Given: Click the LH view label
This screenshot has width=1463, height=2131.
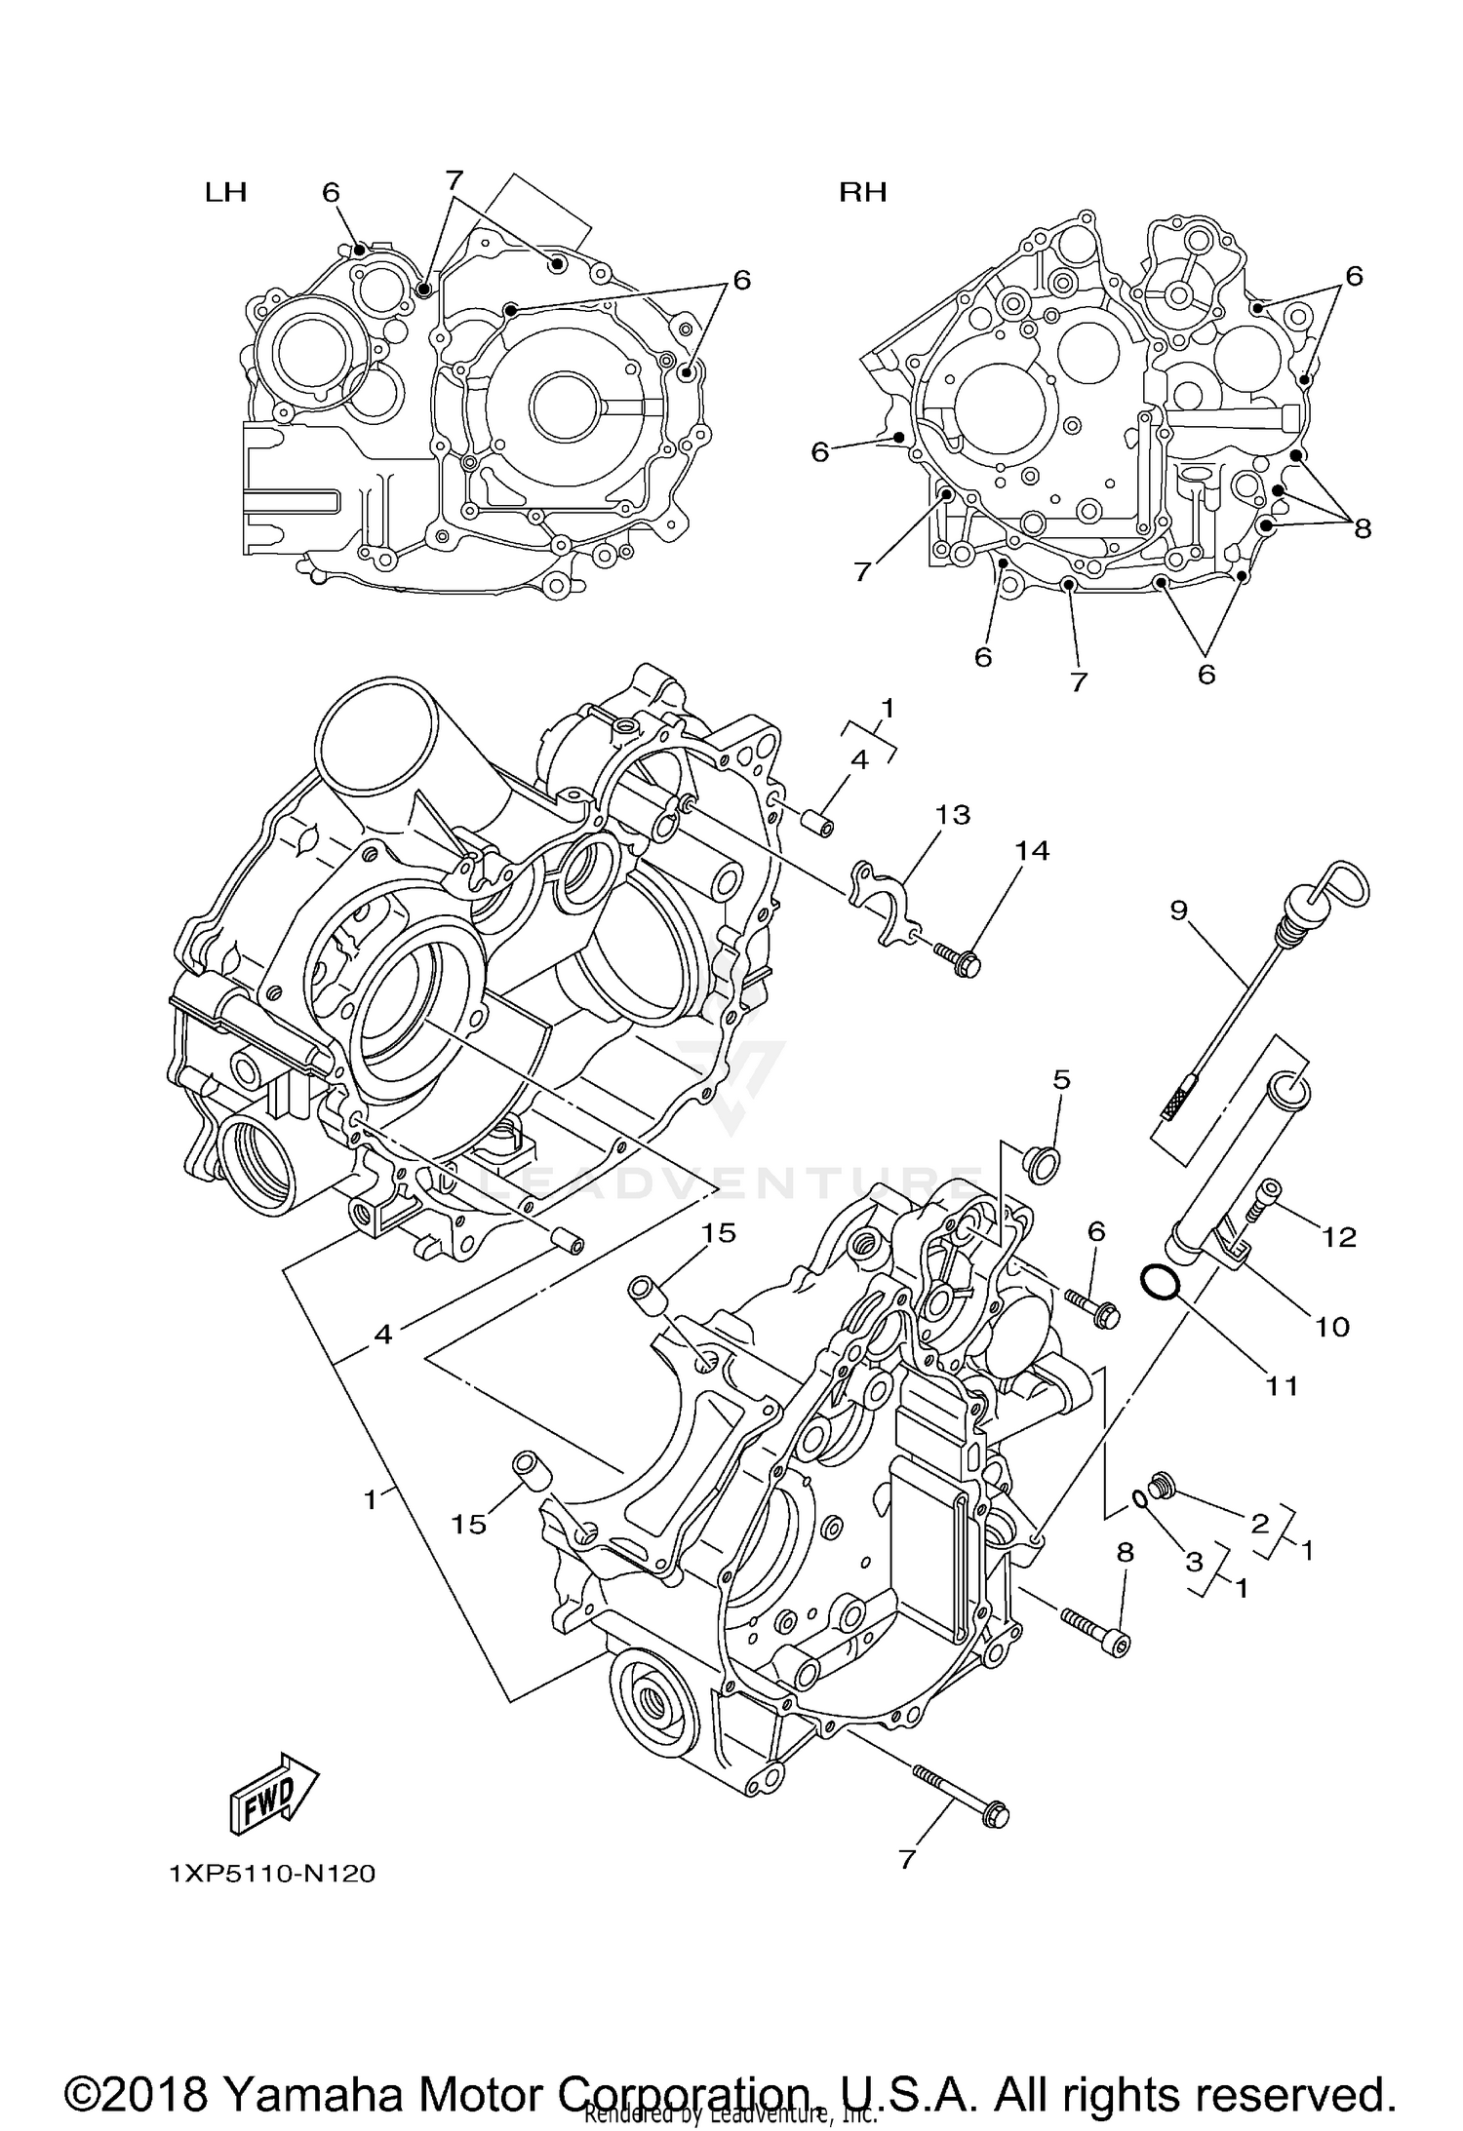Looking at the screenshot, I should [x=225, y=192].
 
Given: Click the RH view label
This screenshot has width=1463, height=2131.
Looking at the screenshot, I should [x=863, y=192].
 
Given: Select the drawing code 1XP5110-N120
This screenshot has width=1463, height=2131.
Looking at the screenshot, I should [x=272, y=1874].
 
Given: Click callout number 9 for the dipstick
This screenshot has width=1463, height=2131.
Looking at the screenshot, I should [x=1178, y=910].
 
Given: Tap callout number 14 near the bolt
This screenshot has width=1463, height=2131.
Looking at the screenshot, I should [x=1032, y=851].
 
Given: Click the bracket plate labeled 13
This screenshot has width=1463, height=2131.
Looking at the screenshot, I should [x=884, y=898].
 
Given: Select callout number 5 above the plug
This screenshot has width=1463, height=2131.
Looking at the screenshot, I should [x=1062, y=1079].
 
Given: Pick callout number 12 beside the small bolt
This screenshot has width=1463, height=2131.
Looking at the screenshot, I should [x=1340, y=1237].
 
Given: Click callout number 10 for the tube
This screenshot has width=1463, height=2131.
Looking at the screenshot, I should [x=1332, y=1326].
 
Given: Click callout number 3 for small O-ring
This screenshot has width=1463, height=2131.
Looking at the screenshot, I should [x=1194, y=1562].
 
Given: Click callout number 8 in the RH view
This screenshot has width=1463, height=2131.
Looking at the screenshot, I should [x=1363, y=528].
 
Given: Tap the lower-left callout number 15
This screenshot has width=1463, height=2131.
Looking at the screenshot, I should [x=468, y=1524].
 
